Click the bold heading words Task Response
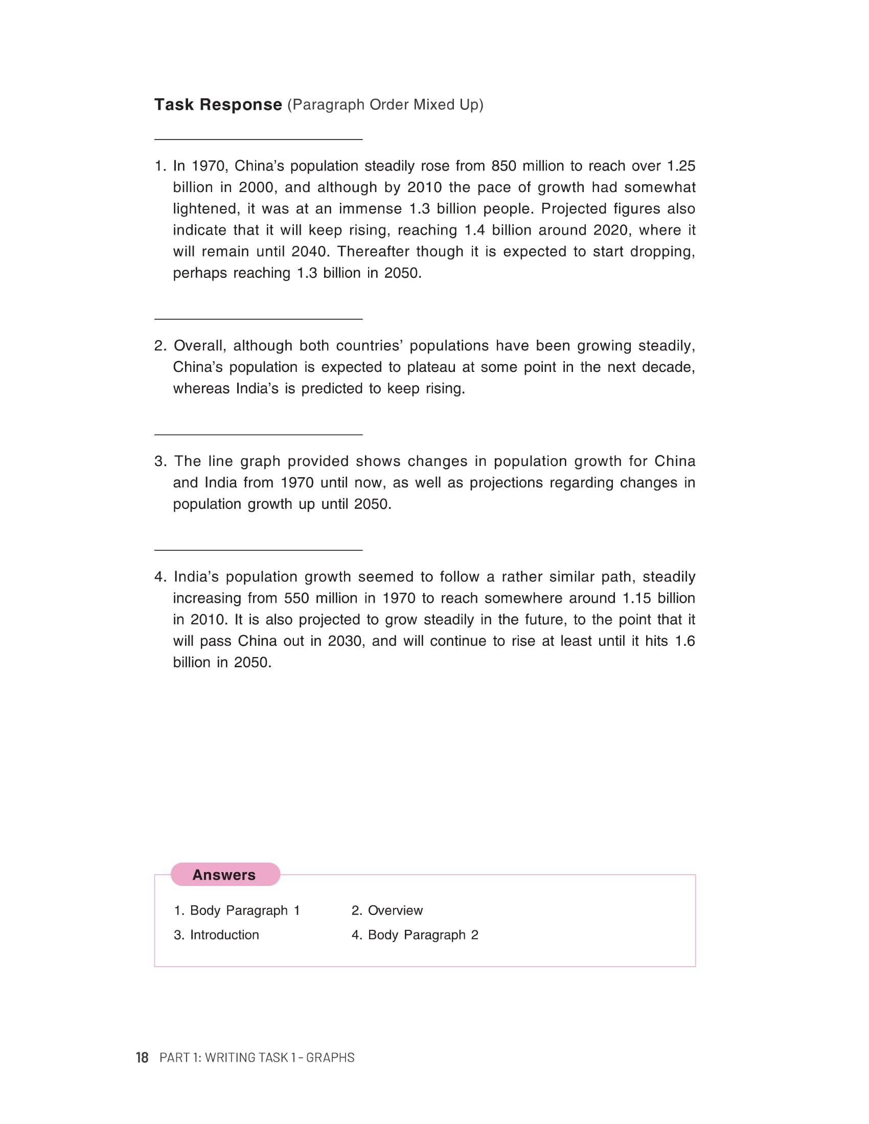click(x=218, y=104)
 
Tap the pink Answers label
click(x=224, y=875)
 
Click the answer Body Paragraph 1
click(x=237, y=910)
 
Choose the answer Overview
click(x=387, y=910)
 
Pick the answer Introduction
click(x=216, y=935)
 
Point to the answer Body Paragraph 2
click(x=415, y=935)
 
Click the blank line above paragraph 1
click(x=259, y=139)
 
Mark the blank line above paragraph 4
click(x=259, y=550)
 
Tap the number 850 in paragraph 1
click(x=504, y=166)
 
